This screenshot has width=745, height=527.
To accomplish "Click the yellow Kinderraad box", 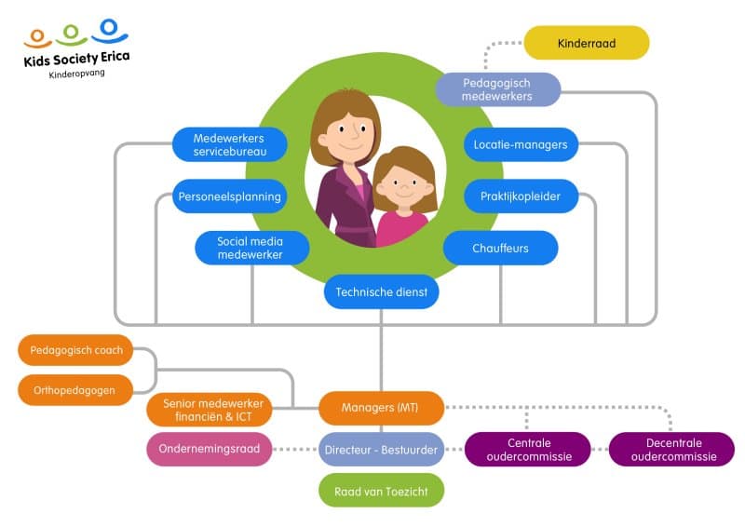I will click(586, 43).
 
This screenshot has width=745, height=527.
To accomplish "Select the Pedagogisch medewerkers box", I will click(497, 89).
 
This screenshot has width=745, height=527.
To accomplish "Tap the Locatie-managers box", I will click(521, 144).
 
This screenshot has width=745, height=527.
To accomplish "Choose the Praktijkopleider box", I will click(521, 196).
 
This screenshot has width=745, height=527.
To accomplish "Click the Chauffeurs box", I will click(500, 248).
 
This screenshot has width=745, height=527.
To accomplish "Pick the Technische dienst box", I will click(382, 292).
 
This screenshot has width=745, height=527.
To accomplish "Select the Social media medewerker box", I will click(251, 248).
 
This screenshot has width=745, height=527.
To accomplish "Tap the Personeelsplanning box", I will click(229, 196).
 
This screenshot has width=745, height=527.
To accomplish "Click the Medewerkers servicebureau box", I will click(229, 144).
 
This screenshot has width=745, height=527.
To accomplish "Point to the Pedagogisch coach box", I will click(75, 351).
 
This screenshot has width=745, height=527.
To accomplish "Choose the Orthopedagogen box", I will click(75, 390).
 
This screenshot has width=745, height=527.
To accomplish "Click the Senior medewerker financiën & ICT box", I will click(210, 410).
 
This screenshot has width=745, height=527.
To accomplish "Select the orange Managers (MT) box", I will click(382, 408).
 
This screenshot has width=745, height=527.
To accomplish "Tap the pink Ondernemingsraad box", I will click(210, 450).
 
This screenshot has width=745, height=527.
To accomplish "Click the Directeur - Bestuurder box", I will click(382, 450).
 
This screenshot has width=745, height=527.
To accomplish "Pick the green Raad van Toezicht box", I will click(382, 490).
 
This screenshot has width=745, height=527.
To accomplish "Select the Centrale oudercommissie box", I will click(528, 450).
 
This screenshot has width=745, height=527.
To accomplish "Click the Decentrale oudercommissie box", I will click(671, 450).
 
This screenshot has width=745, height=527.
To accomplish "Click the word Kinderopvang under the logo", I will click(77, 74).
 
